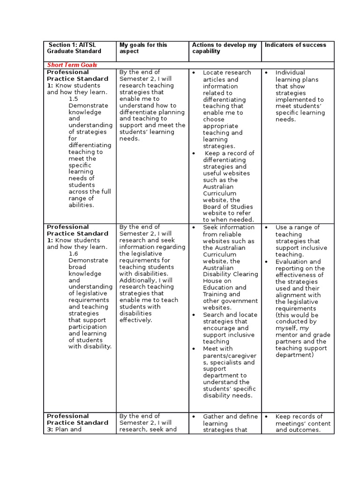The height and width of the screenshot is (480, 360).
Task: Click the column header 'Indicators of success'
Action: point(295,45)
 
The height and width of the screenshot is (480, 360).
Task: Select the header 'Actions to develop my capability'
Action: point(224,48)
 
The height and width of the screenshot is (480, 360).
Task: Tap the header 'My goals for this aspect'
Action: point(143,48)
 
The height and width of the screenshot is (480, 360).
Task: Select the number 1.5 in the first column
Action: point(74,99)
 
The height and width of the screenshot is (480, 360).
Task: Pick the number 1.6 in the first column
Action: point(74,254)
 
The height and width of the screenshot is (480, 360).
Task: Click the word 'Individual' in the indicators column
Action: point(290,73)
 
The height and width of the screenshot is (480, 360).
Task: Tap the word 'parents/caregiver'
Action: point(229,356)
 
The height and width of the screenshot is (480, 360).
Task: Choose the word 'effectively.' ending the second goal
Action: point(135,320)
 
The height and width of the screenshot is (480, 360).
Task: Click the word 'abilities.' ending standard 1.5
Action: point(81,205)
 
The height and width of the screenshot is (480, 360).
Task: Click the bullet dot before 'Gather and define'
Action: point(194,417)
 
